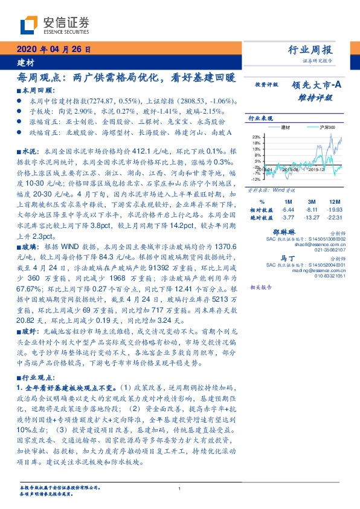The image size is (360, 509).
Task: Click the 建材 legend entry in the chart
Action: [286, 128]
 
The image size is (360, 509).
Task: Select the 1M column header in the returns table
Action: [288, 201]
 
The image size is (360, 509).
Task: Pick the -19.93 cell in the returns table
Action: [333, 210]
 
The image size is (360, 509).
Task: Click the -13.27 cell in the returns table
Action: [310, 218]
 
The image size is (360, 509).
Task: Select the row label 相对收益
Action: [259, 210]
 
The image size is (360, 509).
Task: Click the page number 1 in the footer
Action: [180, 490]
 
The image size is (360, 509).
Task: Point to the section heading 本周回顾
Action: [34, 90]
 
